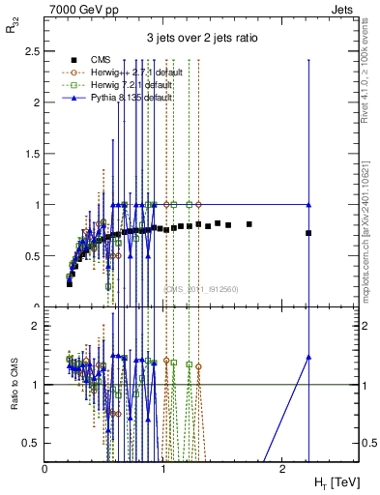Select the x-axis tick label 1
[163, 468]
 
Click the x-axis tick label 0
[45, 468]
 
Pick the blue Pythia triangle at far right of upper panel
[308, 204]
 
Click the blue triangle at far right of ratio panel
[308, 357]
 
